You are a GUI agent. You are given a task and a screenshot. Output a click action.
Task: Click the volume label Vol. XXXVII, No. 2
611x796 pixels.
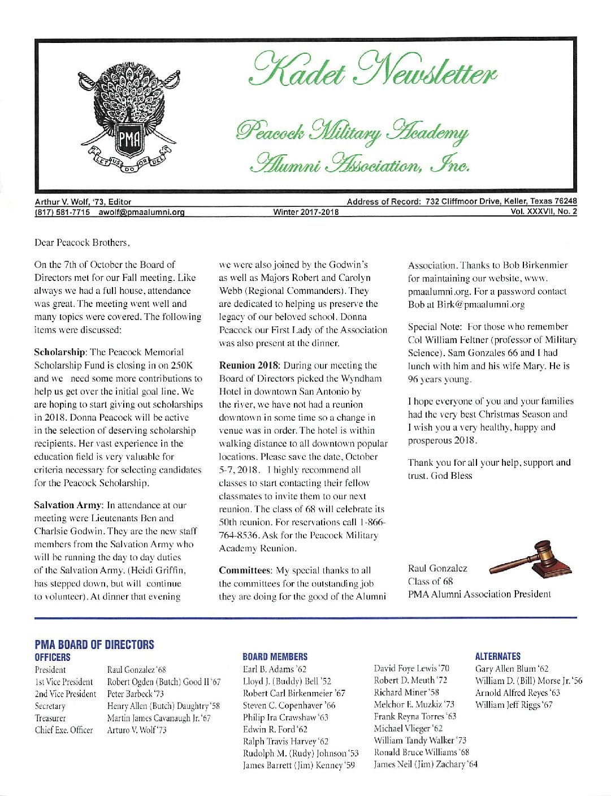[544, 213]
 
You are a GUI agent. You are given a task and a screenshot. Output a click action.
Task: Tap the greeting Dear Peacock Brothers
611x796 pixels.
[83, 243]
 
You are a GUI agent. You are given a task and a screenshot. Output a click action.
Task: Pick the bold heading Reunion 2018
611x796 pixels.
[249, 365]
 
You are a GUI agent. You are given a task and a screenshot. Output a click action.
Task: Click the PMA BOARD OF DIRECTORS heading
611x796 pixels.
[94, 644]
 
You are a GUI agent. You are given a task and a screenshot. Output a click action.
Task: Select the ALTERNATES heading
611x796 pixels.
[498, 656]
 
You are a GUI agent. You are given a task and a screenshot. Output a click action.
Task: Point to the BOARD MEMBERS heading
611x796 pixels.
[275, 657]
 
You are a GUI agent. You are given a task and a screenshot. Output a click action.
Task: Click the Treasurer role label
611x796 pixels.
[50, 718]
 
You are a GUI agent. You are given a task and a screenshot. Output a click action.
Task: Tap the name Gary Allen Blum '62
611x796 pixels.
[512, 668]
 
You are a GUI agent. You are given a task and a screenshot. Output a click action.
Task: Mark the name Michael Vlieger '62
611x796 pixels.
[408, 728]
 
